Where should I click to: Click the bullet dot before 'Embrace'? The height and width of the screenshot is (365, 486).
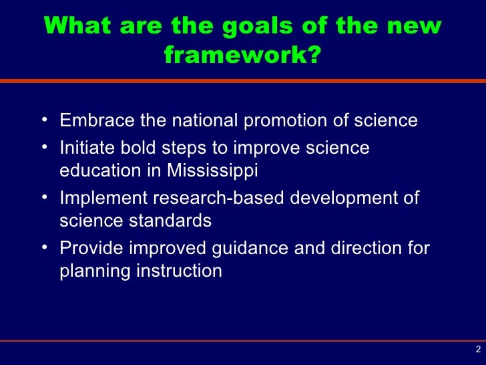(x=44, y=120)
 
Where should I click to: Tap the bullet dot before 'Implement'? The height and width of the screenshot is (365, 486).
(x=44, y=198)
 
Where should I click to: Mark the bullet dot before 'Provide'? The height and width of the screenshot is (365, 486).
(x=44, y=248)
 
